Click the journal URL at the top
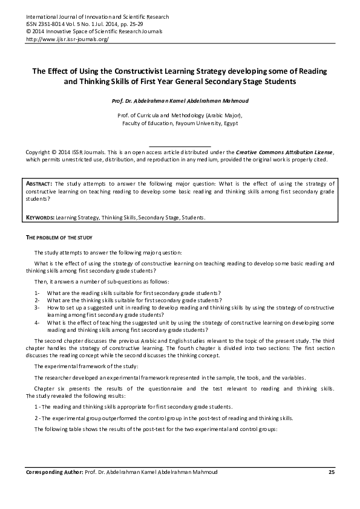click(67, 39)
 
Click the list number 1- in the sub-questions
click(38, 292)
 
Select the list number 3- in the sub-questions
click(38, 307)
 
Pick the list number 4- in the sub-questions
click(38, 322)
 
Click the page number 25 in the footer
click(331, 472)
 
